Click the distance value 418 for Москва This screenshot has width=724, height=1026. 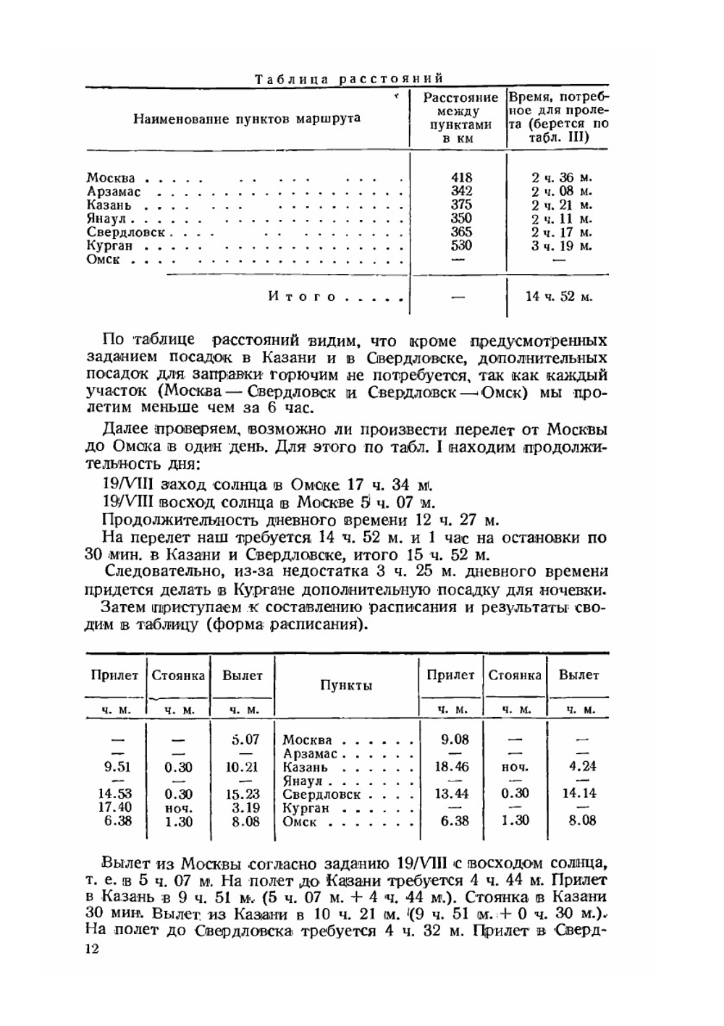click(x=460, y=178)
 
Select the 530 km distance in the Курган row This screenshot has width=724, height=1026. click(x=460, y=246)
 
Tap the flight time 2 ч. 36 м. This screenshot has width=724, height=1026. click(x=561, y=178)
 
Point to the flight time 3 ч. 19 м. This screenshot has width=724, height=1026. click(x=561, y=246)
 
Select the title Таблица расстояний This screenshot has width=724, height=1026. click(x=348, y=78)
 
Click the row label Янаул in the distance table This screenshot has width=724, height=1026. click(x=106, y=219)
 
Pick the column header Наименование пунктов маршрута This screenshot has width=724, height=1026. click(x=246, y=119)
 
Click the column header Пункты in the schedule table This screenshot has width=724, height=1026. click(x=346, y=685)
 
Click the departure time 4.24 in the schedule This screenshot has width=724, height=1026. click(x=578, y=767)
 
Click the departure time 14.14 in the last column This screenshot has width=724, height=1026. click(x=578, y=794)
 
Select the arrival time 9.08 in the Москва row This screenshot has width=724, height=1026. click(x=453, y=740)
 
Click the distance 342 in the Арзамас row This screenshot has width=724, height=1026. click(x=460, y=192)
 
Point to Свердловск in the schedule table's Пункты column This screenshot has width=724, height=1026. click(x=321, y=794)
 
